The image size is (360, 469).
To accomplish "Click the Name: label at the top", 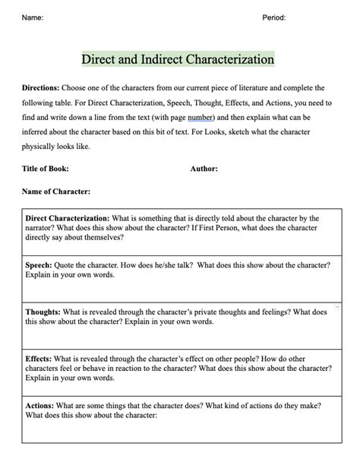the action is click(x=32, y=17).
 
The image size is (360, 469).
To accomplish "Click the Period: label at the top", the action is click(x=274, y=17).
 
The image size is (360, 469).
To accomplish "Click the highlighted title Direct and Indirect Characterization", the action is click(x=178, y=59).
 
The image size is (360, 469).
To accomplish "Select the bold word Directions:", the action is click(x=41, y=88).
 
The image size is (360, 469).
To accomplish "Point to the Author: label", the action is click(x=204, y=169).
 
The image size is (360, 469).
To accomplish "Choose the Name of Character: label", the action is click(x=56, y=192).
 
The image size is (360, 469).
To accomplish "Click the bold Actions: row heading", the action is click(x=39, y=406).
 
